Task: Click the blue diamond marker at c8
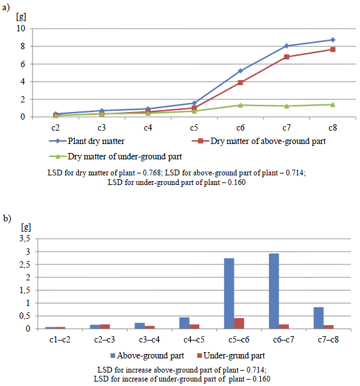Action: pyautogui.click(x=332, y=40)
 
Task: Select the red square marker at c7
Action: pyautogui.click(x=286, y=57)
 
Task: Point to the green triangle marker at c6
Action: pyautogui.click(x=240, y=105)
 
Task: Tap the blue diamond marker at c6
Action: pyautogui.click(x=240, y=71)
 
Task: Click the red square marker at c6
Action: pyautogui.click(x=240, y=83)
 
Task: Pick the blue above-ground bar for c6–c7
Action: pyautogui.click(x=274, y=291)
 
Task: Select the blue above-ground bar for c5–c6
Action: pyautogui.click(x=229, y=293)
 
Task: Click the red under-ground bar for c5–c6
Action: pyautogui.click(x=239, y=323)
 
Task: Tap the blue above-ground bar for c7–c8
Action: pyautogui.click(x=318, y=318)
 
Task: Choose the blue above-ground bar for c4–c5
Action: pyautogui.click(x=184, y=323)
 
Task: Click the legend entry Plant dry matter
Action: pyautogui.click(x=86, y=141)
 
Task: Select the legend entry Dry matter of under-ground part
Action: pyautogui.click(x=115, y=157)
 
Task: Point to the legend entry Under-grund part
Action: pyautogui.click(x=231, y=355)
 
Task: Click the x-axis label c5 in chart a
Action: pyautogui.click(x=194, y=128)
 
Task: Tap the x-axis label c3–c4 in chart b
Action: pyautogui.click(x=149, y=340)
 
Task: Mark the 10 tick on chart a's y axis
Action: pyautogui.click(x=21, y=29)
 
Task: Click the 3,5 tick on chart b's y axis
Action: pyautogui.click(x=25, y=239)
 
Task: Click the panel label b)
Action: pyautogui.click(x=7, y=218)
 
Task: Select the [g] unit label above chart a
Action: pyautogui.click(x=21, y=17)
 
